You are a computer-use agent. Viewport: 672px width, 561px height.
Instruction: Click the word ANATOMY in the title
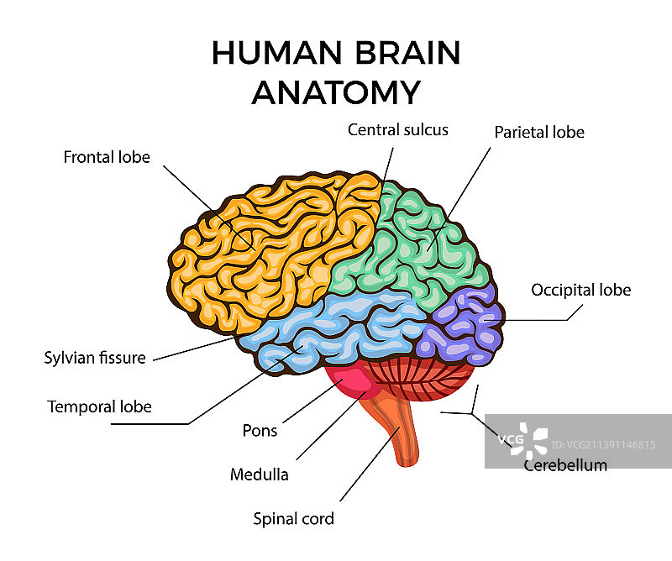pyautogui.click(x=335, y=92)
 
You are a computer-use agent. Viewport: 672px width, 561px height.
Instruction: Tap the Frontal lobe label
pyautogui.click(x=107, y=157)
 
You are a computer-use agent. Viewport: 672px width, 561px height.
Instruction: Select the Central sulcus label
pyautogui.click(x=398, y=129)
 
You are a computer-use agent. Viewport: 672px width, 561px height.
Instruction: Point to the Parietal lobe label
pyautogui.click(x=538, y=132)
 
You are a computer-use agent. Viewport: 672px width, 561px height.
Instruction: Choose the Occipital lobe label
pyautogui.click(x=580, y=290)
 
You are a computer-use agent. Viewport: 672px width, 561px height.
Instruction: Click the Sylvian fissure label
pyautogui.click(x=95, y=358)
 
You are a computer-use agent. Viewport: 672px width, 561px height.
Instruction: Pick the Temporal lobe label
pyautogui.click(x=99, y=406)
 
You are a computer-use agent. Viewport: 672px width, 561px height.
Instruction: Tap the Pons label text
pyautogui.click(x=260, y=431)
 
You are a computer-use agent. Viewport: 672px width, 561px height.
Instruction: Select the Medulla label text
pyautogui.click(x=260, y=474)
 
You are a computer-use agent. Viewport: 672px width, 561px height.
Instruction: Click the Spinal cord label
pyautogui.click(x=294, y=518)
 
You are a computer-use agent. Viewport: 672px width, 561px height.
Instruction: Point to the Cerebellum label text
pyautogui.click(x=564, y=464)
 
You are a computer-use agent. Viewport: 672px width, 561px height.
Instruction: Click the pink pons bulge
pyautogui.click(x=351, y=382)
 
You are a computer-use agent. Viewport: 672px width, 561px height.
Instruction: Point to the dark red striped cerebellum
pyautogui.click(x=428, y=382)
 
